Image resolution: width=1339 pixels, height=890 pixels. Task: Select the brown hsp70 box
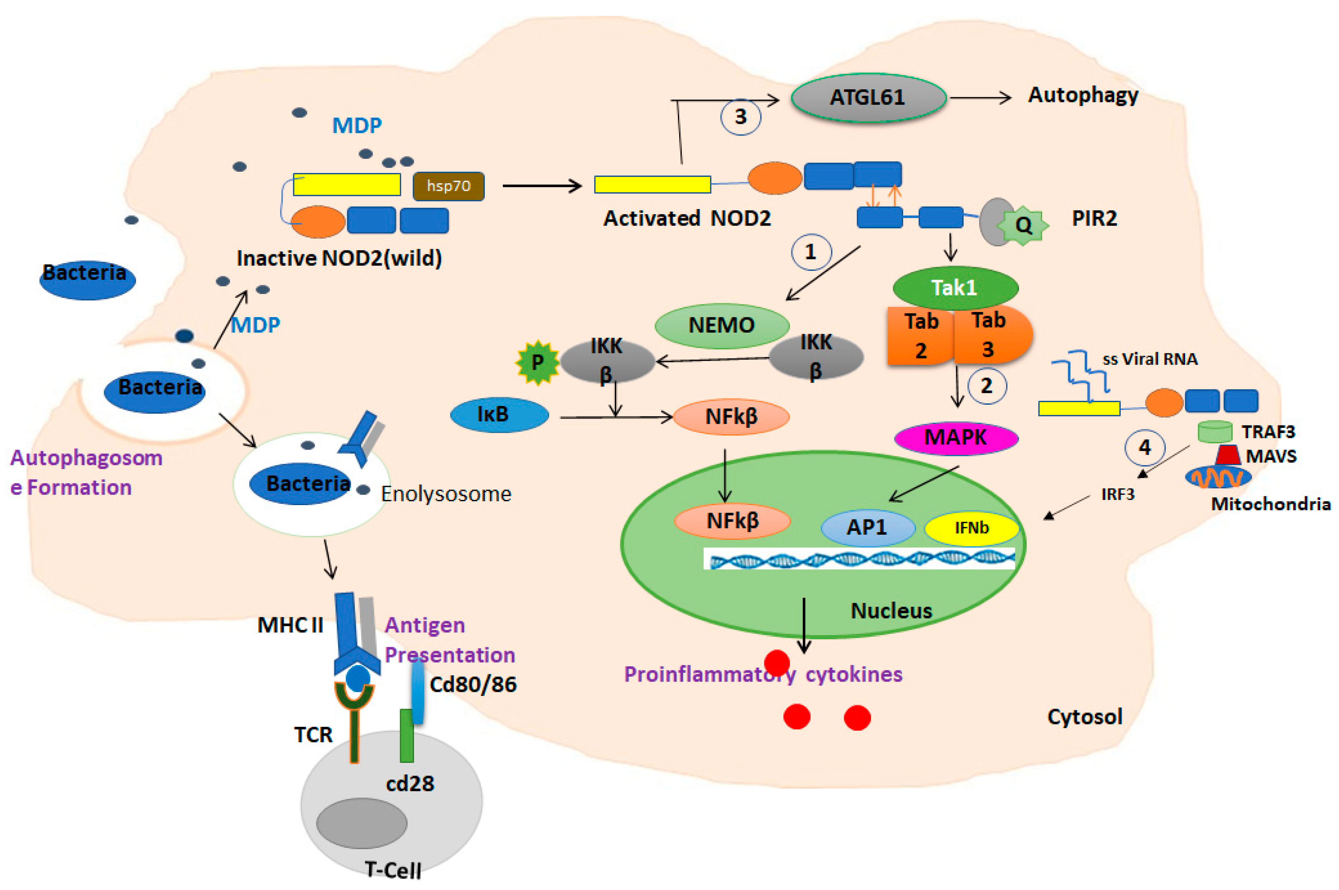tap(448, 186)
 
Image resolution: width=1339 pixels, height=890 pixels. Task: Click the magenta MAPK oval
tap(956, 438)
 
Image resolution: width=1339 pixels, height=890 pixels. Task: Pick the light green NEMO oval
tap(721, 325)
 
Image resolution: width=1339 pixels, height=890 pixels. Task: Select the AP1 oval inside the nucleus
tap(867, 527)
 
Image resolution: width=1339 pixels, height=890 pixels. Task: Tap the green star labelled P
tap(537, 362)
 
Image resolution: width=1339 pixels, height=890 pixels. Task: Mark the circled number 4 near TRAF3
tap(1144, 447)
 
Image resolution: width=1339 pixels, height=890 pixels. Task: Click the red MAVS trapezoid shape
tap(1228, 455)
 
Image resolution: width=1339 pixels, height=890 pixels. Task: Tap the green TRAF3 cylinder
tap(1215, 431)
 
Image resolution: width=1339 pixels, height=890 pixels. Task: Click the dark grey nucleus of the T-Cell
tap(361, 822)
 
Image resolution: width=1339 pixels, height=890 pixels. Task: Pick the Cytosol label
tap(1084, 717)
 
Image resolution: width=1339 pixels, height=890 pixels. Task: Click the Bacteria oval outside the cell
tap(86, 279)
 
